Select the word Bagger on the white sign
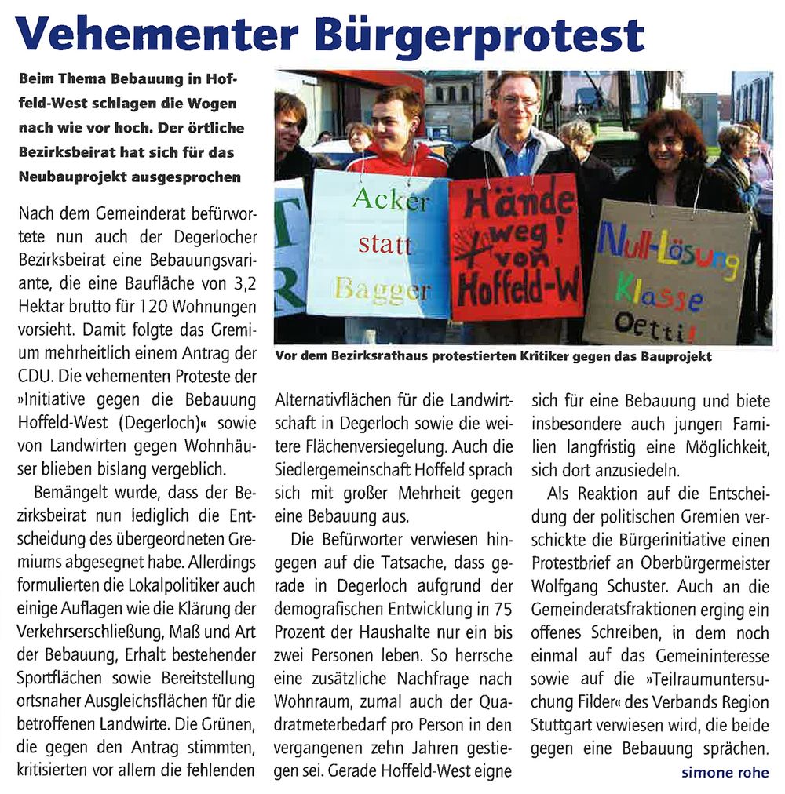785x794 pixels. tap(382, 290)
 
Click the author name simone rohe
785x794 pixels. tap(725, 773)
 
